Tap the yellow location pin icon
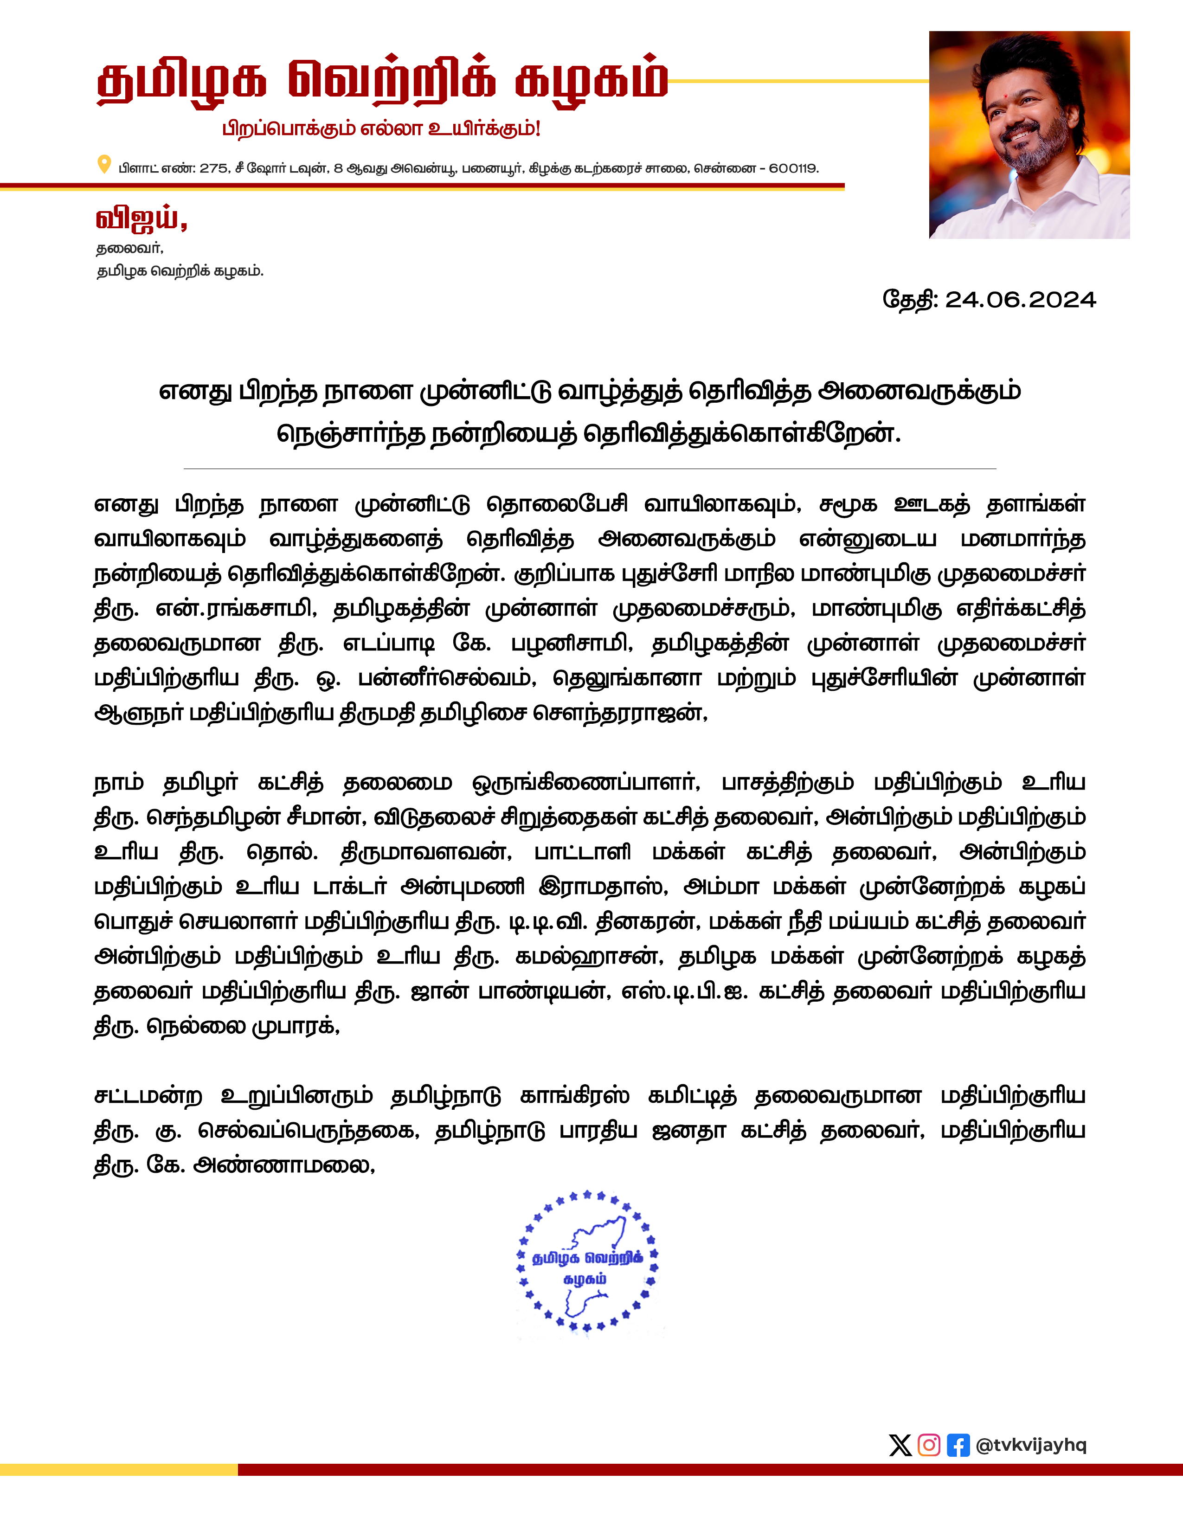point(104,165)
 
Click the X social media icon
point(900,1445)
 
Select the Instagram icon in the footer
point(929,1445)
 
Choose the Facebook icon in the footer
point(958,1445)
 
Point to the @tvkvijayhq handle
point(1030,1445)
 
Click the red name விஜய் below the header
point(140,219)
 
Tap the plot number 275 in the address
point(214,168)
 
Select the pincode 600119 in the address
point(793,168)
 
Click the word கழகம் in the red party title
point(590,81)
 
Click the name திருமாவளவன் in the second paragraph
point(425,852)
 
